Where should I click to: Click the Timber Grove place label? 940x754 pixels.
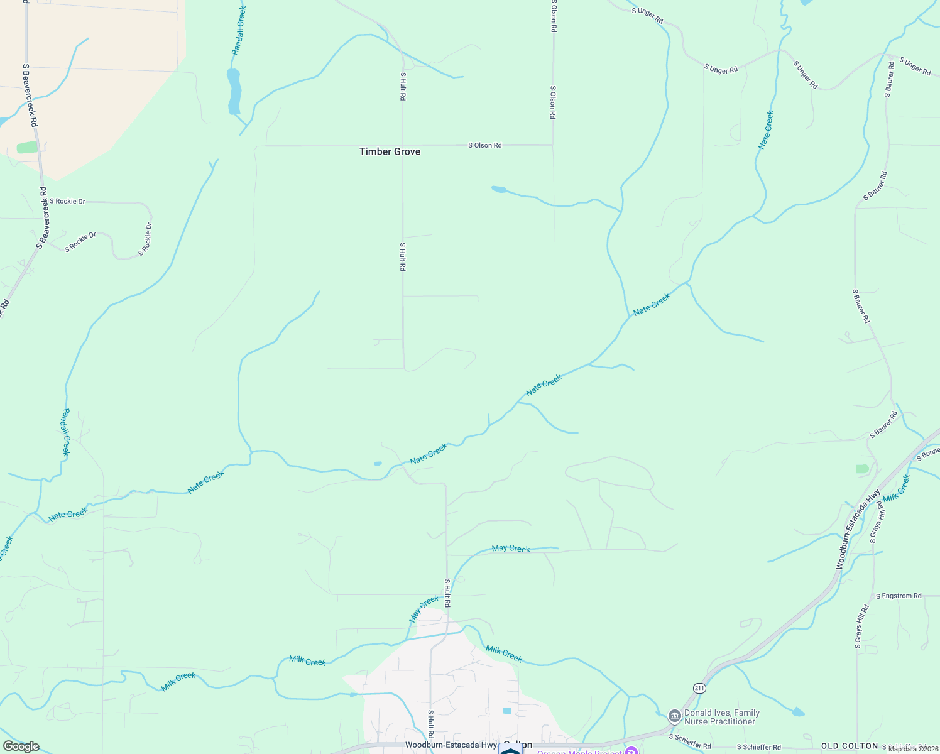click(390, 151)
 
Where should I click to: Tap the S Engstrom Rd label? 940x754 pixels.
click(899, 596)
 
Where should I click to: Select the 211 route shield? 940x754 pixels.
click(700, 688)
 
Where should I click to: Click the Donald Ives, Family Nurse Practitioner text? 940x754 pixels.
click(722, 717)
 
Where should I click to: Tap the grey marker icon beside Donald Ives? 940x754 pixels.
click(674, 716)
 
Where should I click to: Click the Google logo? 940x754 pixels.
click(21, 746)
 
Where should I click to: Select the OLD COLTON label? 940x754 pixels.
click(850, 746)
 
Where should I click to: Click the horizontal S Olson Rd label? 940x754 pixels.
click(485, 145)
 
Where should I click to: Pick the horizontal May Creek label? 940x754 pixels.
click(511, 549)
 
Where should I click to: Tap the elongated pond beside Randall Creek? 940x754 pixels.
click(234, 91)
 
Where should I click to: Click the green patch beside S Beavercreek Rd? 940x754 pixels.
click(27, 147)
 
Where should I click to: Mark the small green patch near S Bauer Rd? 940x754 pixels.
click(862, 469)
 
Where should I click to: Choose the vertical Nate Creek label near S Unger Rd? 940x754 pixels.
click(766, 129)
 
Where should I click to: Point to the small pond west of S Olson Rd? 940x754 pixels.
click(499, 189)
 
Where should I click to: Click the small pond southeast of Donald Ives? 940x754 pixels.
click(797, 712)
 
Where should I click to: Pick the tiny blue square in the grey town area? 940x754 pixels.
click(507, 711)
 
